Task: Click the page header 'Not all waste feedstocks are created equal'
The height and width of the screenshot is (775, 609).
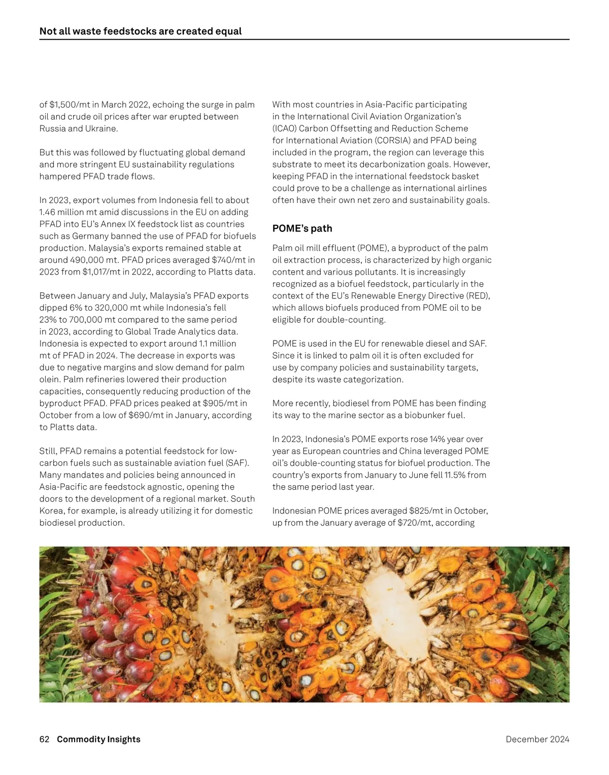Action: [140, 31]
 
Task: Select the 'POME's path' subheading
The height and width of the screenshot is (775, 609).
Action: [302, 228]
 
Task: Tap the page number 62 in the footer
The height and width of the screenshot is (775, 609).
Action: [44, 739]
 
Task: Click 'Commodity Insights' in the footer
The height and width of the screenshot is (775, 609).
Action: [98, 739]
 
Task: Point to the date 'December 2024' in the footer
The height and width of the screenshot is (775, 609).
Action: [537, 739]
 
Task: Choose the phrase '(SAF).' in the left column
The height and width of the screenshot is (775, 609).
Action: [237, 463]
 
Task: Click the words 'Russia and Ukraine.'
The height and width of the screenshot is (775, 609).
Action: [79, 128]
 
